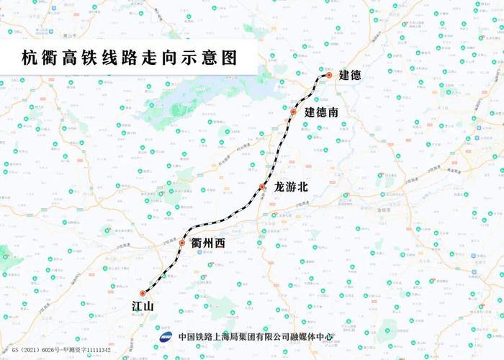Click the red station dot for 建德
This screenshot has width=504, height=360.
coord(328,75)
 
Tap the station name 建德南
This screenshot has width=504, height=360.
coord(321,112)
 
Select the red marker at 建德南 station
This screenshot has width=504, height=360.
coord(293,112)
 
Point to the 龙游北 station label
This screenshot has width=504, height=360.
coord(291,186)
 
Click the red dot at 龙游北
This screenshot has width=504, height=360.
coord(263,187)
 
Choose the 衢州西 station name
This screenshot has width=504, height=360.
coord(209,243)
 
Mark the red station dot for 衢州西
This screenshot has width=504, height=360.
coord(182,243)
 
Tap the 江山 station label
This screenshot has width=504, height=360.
coord(143,307)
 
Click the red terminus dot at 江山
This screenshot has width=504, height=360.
coord(143,293)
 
